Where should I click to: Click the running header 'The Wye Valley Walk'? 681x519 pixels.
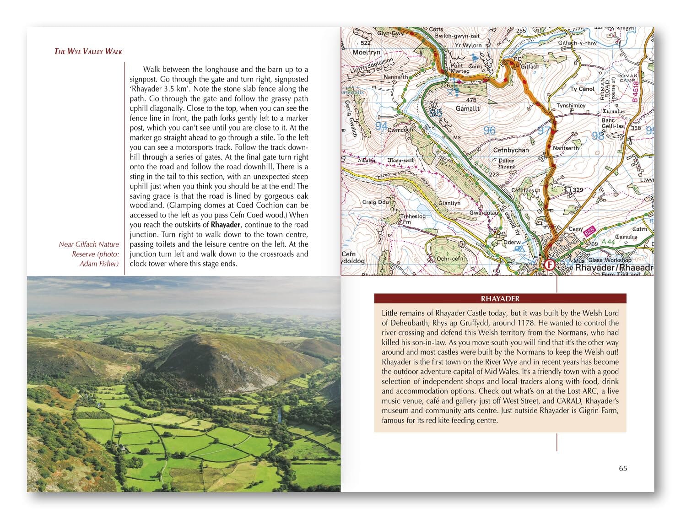point(88,51)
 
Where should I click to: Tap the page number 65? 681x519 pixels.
point(623,468)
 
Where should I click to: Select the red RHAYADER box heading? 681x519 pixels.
point(500,299)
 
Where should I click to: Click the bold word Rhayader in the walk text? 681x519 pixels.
point(226,225)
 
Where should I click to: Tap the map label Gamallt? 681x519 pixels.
point(468,108)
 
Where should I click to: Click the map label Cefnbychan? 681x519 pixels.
point(511,150)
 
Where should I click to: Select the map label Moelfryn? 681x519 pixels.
point(367,52)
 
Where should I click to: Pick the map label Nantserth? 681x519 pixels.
point(566,148)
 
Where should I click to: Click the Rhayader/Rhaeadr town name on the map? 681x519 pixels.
point(613,268)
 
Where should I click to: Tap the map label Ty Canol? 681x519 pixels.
point(582,89)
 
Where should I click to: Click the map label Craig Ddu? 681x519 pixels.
point(375,202)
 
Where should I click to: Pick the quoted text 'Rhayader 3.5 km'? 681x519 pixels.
point(157,89)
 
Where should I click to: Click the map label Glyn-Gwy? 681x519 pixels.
point(390,33)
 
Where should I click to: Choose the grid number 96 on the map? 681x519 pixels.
point(489,131)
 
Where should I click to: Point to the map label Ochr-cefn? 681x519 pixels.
point(450,259)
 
